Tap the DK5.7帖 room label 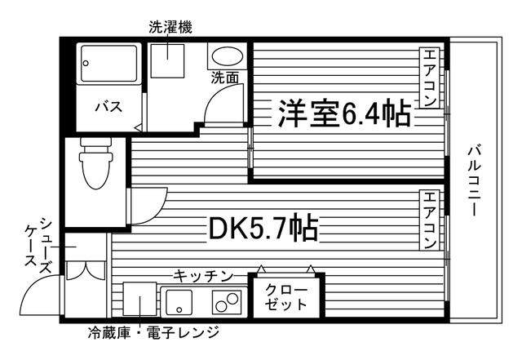pos(263,229)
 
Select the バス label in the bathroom pos(108,107)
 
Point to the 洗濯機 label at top pos(170,27)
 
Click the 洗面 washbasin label pos(224,78)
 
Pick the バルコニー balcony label pos(472,180)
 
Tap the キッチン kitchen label pos(204,276)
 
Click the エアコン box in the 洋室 pos(429,78)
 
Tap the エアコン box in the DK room pos(429,220)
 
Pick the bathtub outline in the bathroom pos(109,63)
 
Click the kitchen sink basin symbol pos(179,303)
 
